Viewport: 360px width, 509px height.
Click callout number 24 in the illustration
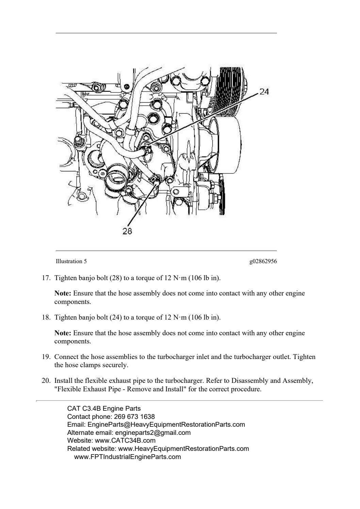click(x=264, y=91)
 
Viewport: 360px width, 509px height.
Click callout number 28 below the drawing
click(x=127, y=231)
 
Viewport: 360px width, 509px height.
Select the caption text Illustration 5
click(x=71, y=261)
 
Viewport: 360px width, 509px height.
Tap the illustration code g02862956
click(x=263, y=261)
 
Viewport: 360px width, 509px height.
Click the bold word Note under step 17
click(x=63, y=293)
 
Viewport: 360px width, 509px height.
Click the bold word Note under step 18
click(x=63, y=333)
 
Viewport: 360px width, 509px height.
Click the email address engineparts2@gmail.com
click(x=153, y=433)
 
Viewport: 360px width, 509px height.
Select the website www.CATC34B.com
click(x=125, y=441)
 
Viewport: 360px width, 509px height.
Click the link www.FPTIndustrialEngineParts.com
click(x=127, y=457)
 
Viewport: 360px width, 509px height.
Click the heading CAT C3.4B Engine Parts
click(x=104, y=408)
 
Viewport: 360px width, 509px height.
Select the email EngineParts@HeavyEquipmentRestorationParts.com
click(x=166, y=425)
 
